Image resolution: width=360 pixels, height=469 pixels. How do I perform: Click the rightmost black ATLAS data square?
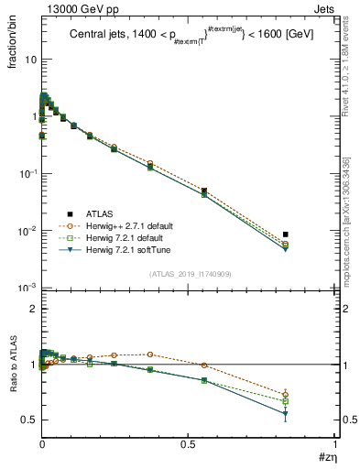click(286, 234)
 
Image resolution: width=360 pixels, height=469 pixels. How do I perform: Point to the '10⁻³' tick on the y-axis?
click(27, 289)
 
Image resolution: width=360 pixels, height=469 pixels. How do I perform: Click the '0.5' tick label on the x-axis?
click(189, 446)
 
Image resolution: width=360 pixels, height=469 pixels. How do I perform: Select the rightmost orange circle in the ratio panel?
click(286, 395)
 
